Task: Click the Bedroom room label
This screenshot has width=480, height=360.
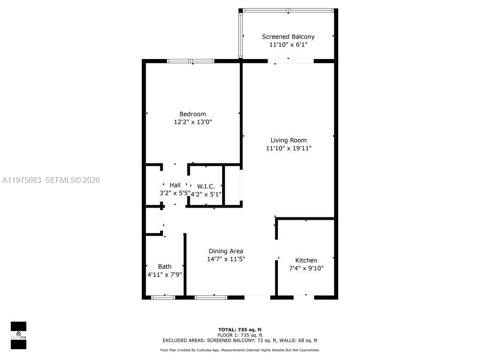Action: [x=193, y=114]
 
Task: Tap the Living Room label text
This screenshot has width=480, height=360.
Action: [x=288, y=141]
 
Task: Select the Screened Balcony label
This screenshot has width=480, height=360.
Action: [x=288, y=37]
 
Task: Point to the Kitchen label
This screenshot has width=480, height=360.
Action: [x=306, y=261]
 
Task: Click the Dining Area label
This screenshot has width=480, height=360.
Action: [x=226, y=251]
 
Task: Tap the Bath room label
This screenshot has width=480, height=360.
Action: [x=165, y=267]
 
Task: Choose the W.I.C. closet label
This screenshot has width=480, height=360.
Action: [x=206, y=187]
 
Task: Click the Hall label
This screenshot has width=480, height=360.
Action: [x=175, y=185]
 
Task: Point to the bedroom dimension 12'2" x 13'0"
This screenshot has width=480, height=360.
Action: [x=193, y=122]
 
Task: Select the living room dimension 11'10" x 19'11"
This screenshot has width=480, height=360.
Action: [x=289, y=149]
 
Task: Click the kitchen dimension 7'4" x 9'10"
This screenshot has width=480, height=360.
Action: [x=307, y=269]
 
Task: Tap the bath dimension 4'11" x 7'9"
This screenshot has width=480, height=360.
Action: [x=165, y=275]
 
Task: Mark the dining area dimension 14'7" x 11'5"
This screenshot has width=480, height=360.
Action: [x=226, y=259]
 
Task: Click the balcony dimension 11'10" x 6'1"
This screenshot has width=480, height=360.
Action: [x=288, y=45]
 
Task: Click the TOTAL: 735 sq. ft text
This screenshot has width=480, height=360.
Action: [x=240, y=330]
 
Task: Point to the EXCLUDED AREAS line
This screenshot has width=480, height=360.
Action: [x=240, y=340]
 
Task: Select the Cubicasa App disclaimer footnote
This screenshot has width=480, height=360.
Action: [x=240, y=350]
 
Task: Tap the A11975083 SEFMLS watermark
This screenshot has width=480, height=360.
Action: [x=51, y=180]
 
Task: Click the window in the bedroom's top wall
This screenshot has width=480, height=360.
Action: [x=191, y=61]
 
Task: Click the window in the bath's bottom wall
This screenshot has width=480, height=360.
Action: [x=163, y=297]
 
